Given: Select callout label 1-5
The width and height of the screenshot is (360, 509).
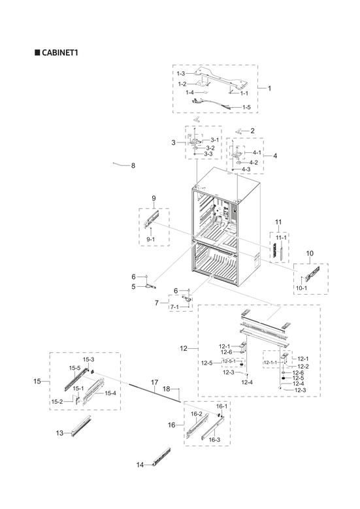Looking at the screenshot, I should point(246,107).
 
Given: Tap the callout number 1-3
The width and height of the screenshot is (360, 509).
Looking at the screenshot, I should point(182,73).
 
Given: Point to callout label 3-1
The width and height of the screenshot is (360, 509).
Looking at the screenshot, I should point(215,140).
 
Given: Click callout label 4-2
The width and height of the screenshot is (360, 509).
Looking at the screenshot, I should point(252,162).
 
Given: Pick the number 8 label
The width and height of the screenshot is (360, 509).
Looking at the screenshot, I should point(133,166).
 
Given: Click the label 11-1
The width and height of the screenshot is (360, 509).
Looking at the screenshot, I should point(281,237).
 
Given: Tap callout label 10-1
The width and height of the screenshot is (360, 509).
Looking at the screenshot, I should point(301,287).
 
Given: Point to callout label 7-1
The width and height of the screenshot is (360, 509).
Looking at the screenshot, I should point(176,307).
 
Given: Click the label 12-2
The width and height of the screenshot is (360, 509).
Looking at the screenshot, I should point(303,367).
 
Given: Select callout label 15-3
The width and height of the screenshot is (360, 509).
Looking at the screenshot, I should point(88,360).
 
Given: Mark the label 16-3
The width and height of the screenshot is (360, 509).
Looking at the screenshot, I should point(214,440).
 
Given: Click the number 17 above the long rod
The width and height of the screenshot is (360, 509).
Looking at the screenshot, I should point(155,382).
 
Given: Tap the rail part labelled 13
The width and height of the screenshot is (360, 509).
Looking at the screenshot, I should point(82,427).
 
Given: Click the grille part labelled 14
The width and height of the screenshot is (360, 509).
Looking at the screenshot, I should point(160,459).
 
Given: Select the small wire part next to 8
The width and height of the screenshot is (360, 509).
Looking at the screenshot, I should point(118,164).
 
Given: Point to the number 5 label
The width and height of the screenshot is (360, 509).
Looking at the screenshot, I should point(133,286).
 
